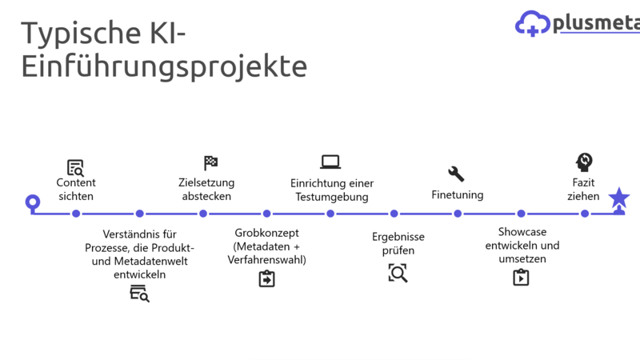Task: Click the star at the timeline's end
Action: (618, 198)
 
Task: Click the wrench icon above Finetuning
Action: (456, 174)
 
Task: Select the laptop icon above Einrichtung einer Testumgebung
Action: (330, 162)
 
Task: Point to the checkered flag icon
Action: (210, 163)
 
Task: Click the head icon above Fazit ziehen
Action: (584, 162)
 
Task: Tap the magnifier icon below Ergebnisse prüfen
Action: (398, 273)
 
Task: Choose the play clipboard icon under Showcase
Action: (521, 277)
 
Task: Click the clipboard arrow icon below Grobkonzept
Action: (266, 278)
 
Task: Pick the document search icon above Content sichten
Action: (75, 168)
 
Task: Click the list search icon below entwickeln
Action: (139, 294)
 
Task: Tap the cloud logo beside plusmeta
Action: (532, 24)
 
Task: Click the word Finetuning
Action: (457, 194)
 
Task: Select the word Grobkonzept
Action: (266, 233)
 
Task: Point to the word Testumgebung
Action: (332, 197)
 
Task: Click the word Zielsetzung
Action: (206, 183)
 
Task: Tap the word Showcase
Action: (522, 232)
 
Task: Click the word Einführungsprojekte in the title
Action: (164, 66)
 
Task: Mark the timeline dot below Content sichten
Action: (76, 214)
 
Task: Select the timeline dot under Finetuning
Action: (458, 214)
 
